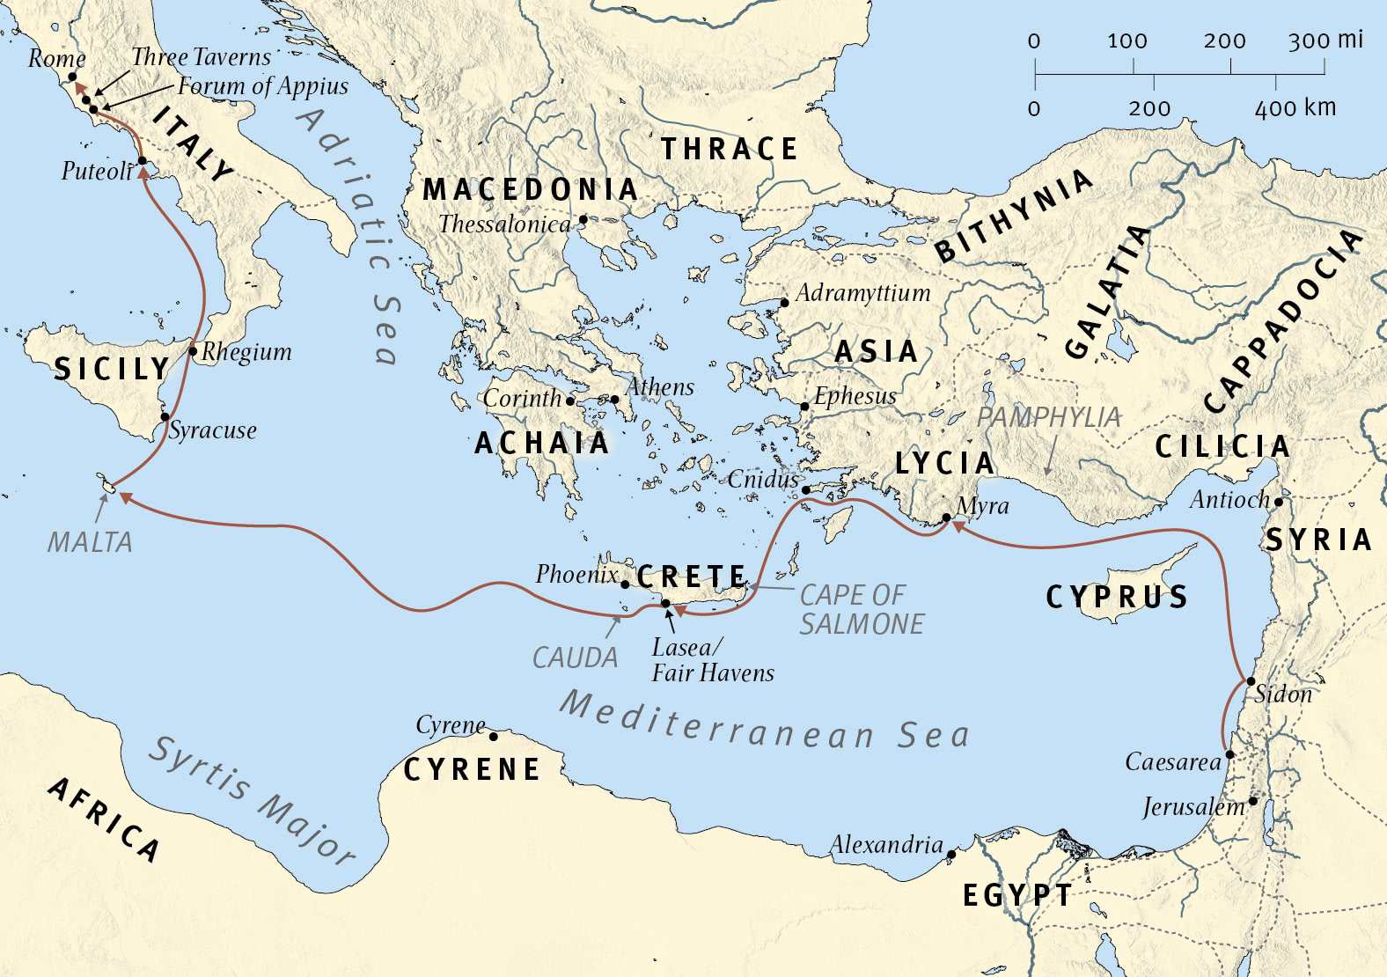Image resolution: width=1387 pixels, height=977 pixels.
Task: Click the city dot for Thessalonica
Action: (x=583, y=220)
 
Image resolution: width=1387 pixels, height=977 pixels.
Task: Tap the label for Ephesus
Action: (x=855, y=396)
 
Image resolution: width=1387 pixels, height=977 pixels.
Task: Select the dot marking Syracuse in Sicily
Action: (x=165, y=416)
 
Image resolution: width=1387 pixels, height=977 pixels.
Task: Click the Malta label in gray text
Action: (x=90, y=542)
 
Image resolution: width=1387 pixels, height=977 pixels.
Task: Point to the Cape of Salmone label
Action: (x=861, y=609)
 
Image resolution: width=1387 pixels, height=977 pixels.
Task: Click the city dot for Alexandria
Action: (x=950, y=855)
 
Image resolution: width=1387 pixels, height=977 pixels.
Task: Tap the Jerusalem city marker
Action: (x=1252, y=801)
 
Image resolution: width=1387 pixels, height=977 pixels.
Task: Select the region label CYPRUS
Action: (x=1117, y=598)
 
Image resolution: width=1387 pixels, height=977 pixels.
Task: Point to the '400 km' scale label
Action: (x=1295, y=108)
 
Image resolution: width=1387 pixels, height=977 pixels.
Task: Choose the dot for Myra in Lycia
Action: (x=946, y=518)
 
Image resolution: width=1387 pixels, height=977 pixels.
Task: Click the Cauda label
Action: (x=575, y=657)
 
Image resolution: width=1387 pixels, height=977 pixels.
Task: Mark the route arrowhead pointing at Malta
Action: (x=126, y=498)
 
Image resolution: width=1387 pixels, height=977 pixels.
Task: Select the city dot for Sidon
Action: (x=1251, y=681)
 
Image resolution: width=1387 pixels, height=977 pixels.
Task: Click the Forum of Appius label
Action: (x=262, y=86)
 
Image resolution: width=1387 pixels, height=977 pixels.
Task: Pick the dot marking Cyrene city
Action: (x=493, y=736)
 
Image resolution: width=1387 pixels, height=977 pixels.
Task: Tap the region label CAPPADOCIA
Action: (x=1283, y=321)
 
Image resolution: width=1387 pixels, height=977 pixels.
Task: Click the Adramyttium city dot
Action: (x=784, y=303)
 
